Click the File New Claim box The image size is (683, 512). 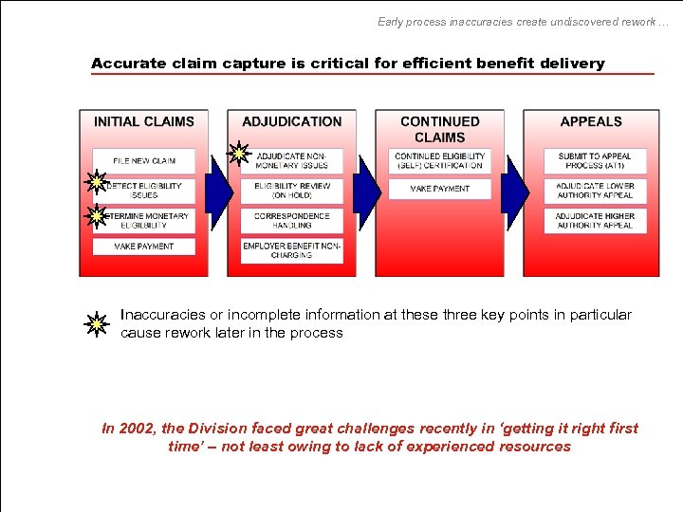click(144, 160)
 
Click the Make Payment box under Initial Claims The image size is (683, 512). click(144, 247)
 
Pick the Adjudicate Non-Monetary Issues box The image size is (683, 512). click(293, 160)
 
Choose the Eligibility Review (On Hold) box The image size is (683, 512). click(292, 191)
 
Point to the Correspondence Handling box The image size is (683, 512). click(292, 221)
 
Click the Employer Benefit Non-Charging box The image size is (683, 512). click(292, 250)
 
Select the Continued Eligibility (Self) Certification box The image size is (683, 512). click(440, 160)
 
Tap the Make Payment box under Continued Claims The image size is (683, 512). click(440, 190)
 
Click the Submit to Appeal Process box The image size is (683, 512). click(595, 160)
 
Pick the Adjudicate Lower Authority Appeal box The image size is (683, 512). click(595, 191)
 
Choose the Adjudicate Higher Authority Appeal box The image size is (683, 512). click(595, 221)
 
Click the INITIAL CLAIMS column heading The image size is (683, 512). click(144, 121)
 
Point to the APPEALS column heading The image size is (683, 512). click(591, 121)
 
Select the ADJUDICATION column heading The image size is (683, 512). click(292, 121)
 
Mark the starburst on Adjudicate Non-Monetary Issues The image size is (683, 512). click(240, 153)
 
